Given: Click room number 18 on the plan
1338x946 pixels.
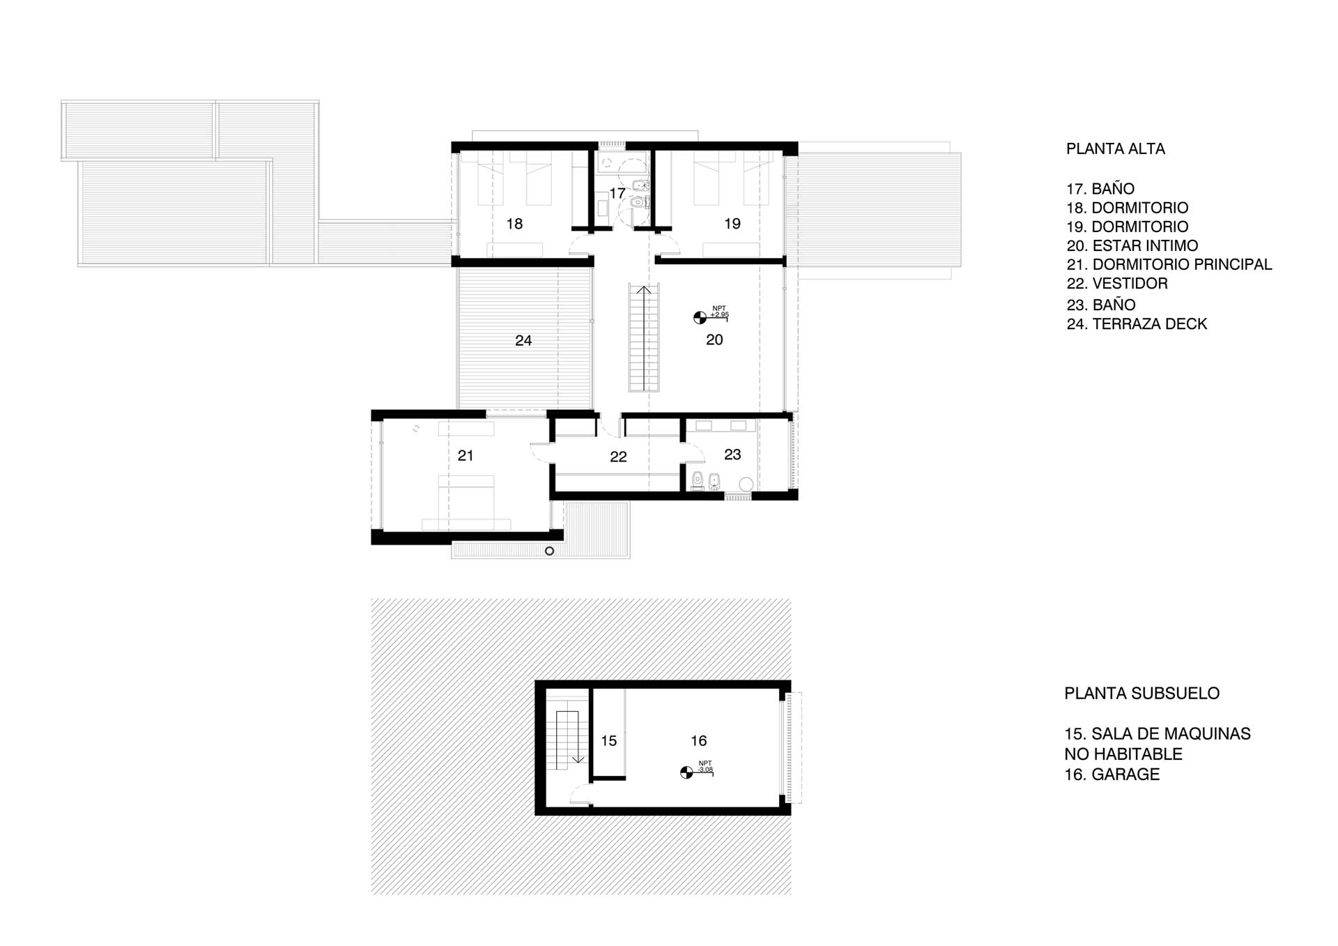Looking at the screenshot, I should (514, 224).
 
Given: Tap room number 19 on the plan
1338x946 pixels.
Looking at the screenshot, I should (732, 224).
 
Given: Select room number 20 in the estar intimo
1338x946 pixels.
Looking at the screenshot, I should (714, 340).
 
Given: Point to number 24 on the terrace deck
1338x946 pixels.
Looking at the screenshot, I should (523, 341).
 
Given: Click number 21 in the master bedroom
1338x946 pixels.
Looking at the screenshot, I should (466, 456).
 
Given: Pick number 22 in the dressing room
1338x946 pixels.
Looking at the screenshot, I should (618, 457).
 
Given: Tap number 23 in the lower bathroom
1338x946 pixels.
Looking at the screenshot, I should (732, 455).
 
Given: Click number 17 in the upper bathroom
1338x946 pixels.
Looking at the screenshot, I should (617, 193).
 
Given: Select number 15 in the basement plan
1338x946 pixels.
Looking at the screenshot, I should (609, 741).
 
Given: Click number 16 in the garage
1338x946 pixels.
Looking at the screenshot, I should (699, 741).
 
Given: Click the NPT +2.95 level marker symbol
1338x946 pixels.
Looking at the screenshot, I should (700, 318).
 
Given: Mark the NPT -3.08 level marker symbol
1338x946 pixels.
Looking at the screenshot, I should (686, 772).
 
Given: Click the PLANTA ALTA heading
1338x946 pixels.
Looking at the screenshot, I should (1115, 149).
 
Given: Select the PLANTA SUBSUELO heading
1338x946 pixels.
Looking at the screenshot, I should (1141, 694).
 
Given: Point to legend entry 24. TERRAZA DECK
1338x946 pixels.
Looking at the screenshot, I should (1137, 324).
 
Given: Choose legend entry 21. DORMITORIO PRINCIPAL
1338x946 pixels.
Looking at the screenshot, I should (1169, 265).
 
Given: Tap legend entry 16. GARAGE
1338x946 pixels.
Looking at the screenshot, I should (1112, 775).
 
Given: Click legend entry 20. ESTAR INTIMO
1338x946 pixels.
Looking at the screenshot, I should (1132, 246).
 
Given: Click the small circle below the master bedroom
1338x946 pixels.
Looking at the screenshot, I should (549, 551).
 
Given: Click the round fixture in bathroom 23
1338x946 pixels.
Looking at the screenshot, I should (746, 484).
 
